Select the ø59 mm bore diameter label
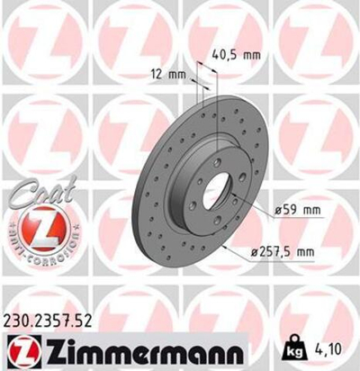(301, 211)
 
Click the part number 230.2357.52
(55, 320)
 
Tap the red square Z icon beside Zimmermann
(25, 350)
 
